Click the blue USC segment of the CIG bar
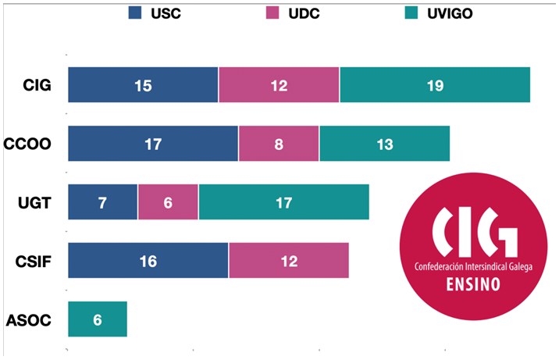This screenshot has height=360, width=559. click(143, 85)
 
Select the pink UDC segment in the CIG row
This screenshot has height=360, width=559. click(279, 85)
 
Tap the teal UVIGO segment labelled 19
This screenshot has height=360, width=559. click(435, 85)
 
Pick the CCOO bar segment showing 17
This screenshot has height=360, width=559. click(153, 144)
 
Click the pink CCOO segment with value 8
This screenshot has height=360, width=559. click(279, 144)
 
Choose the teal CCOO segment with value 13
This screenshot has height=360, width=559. click(384, 144)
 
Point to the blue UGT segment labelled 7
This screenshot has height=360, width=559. click(103, 203)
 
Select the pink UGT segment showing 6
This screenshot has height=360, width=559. click(168, 203)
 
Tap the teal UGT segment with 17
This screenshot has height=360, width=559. click(283, 203)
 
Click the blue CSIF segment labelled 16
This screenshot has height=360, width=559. click(148, 261)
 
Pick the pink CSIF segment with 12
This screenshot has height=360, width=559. click(288, 261)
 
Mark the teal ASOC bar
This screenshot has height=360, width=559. click(98, 320)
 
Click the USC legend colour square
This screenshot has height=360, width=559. click(135, 13)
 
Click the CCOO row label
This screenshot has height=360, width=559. click(28, 144)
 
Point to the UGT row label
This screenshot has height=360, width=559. click(34, 203)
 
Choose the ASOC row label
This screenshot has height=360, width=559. click(29, 320)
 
